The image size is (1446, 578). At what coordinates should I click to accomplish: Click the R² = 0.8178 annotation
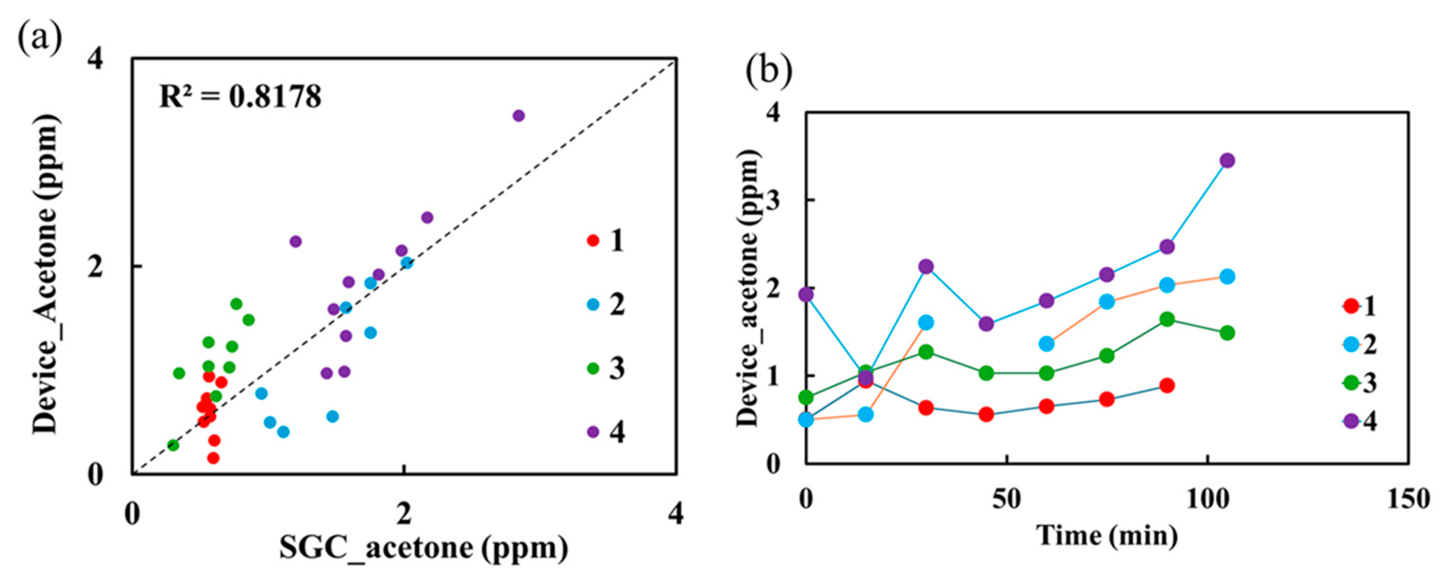click(x=240, y=97)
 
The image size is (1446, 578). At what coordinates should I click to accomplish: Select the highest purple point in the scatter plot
click(x=519, y=116)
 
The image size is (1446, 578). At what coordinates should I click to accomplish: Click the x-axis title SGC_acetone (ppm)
click(x=424, y=549)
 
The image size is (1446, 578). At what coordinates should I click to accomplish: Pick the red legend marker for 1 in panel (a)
click(x=593, y=241)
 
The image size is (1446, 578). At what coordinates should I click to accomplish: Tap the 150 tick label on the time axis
click(x=1407, y=499)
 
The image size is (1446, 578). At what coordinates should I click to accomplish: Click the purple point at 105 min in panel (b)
click(x=1227, y=160)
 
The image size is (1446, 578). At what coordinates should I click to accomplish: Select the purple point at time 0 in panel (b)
click(x=806, y=294)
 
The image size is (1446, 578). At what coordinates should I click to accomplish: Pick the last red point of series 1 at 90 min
click(x=1167, y=385)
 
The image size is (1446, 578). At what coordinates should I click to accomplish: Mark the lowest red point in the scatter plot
click(x=213, y=458)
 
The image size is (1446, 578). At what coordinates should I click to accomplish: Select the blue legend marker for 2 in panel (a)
click(x=593, y=305)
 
